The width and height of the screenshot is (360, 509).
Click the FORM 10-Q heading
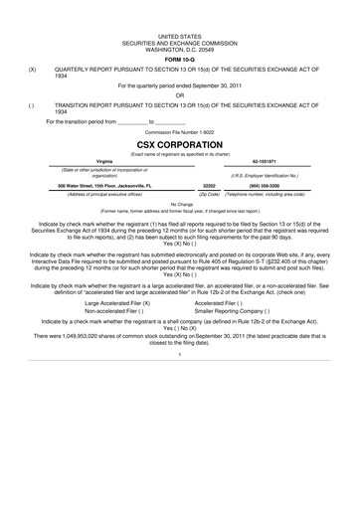click(179, 56)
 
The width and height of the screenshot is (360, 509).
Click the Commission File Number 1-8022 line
click(179, 130)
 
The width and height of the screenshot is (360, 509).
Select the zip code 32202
click(208, 185)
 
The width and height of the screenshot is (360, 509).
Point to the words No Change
click(179, 203)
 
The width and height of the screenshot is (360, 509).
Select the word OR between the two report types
click(179, 95)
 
